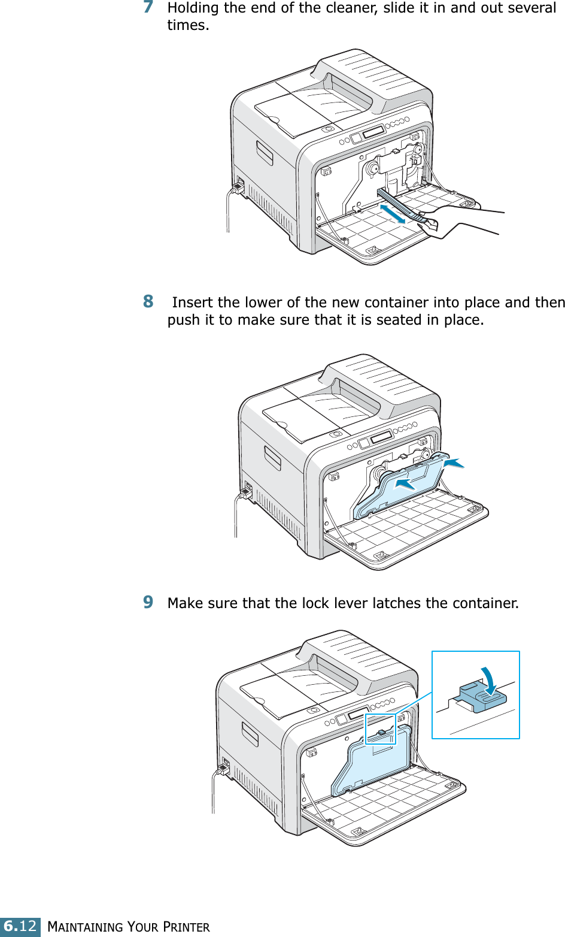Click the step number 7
click(148, 7)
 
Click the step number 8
click(148, 301)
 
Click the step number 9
click(148, 602)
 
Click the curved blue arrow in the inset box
click(491, 680)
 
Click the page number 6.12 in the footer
click(20, 926)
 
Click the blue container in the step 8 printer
click(401, 485)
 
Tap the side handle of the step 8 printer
click(272, 458)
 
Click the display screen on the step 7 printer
click(372, 131)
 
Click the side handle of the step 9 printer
click(250, 734)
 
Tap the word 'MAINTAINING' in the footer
click(86, 927)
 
